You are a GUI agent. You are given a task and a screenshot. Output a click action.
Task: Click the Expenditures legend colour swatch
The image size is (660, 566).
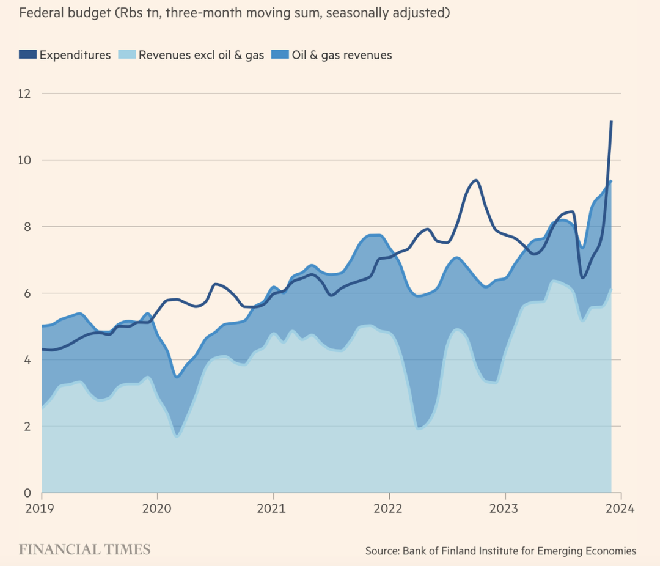(28, 55)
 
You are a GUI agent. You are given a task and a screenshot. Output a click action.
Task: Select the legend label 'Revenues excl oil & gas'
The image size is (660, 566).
(201, 55)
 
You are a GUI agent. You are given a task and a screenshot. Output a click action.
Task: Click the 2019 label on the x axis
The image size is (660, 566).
(42, 509)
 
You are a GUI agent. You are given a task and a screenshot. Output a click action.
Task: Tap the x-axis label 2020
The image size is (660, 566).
(158, 509)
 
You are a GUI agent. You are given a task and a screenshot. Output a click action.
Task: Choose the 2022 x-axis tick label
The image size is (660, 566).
(389, 509)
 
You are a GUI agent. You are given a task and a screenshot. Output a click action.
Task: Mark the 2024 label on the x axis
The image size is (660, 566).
(621, 509)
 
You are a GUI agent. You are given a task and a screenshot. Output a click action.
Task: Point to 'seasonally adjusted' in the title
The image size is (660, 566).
(386, 13)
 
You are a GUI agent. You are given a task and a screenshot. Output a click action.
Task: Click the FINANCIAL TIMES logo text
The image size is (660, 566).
(84, 549)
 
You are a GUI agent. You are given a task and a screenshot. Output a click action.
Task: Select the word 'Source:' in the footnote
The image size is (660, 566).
(383, 551)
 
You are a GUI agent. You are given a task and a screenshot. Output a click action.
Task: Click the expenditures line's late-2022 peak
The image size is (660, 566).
(476, 180)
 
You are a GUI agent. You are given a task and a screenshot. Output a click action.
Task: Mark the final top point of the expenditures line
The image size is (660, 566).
(611, 122)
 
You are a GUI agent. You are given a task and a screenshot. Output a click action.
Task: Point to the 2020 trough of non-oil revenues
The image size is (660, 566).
(177, 435)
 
